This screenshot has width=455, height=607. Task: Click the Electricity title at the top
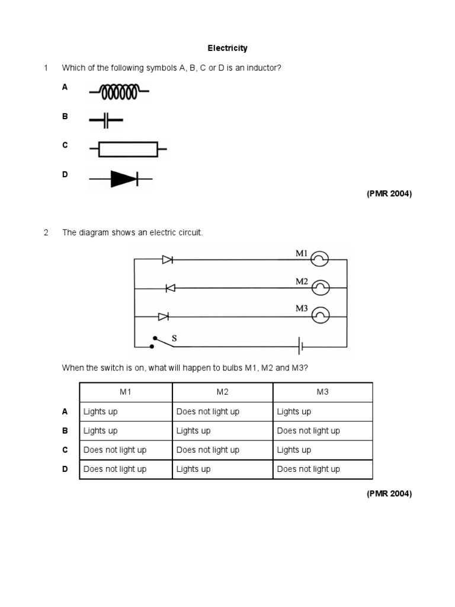click(227, 48)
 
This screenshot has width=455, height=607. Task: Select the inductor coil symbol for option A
click(119, 91)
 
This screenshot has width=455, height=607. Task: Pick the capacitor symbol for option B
click(106, 120)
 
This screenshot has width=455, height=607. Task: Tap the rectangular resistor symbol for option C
click(128, 149)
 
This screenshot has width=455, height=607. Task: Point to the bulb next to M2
click(320, 288)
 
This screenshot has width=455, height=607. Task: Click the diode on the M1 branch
click(167, 259)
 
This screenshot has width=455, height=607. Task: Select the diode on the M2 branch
click(170, 288)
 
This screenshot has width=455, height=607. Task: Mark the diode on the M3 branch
click(164, 316)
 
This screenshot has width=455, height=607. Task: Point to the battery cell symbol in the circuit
click(301, 345)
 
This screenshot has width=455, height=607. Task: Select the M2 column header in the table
click(222, 392)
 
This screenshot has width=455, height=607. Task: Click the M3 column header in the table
click(323, 392)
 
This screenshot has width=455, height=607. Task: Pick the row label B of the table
click(65, 431)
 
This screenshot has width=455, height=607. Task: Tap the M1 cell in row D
click(115, 469)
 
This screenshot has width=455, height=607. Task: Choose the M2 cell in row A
click(208, 411)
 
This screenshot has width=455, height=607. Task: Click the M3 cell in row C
click(294, 450)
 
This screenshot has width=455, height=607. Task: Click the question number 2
click(46, 232)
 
